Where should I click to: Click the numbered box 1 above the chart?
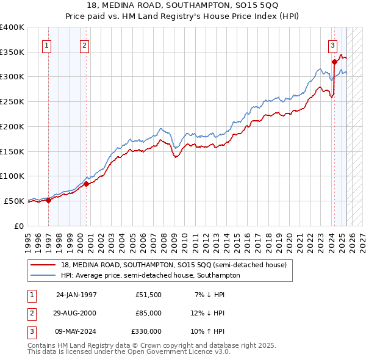(47, 44)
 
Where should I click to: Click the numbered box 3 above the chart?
(332, 44)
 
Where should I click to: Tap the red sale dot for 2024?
(334, 62)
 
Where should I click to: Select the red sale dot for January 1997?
(49, 200)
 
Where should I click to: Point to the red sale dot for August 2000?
(86, 183)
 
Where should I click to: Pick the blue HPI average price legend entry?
(150, 275)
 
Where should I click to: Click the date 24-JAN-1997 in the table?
(76, 295)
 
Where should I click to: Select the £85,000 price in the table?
(149, 313)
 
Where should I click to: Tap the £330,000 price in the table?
(147, 331)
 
